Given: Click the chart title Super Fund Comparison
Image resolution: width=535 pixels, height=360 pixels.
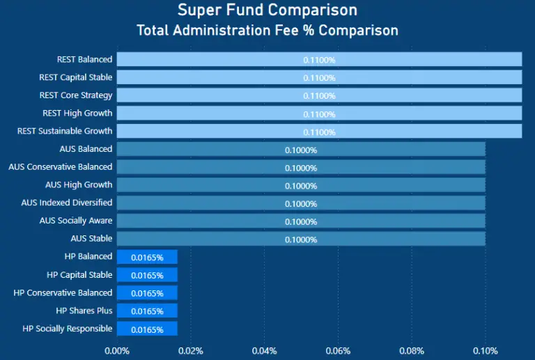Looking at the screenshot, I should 267,10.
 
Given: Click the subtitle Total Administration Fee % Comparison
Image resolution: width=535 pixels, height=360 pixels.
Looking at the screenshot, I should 267,31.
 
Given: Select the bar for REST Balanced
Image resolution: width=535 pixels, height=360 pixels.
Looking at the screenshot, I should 209,59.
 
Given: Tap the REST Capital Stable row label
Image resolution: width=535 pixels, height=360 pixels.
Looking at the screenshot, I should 76,77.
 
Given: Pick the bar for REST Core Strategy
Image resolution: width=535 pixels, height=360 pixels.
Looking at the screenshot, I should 209,95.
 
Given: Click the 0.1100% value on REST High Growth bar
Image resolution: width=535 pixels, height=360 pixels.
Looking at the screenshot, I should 319,114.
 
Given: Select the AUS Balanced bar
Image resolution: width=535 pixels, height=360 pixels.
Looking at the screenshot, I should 209,149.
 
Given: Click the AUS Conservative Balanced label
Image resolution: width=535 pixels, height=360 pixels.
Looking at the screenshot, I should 60,167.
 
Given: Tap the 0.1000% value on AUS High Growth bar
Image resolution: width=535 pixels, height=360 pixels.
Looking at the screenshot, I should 301,185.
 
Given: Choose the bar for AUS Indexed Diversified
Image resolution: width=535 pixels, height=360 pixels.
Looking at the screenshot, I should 209,203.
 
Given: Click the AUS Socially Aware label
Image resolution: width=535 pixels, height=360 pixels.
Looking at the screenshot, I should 76,221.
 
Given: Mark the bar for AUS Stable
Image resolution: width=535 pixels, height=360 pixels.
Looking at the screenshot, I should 209,239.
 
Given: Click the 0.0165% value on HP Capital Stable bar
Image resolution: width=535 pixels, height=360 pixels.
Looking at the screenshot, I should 147,275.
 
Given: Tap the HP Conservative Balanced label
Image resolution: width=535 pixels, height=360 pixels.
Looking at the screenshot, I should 63,293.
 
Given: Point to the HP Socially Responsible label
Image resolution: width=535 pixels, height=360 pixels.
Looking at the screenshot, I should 68,329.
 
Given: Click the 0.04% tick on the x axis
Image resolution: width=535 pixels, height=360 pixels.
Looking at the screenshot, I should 264,350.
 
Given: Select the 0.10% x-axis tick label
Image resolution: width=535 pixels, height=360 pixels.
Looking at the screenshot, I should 485,350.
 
